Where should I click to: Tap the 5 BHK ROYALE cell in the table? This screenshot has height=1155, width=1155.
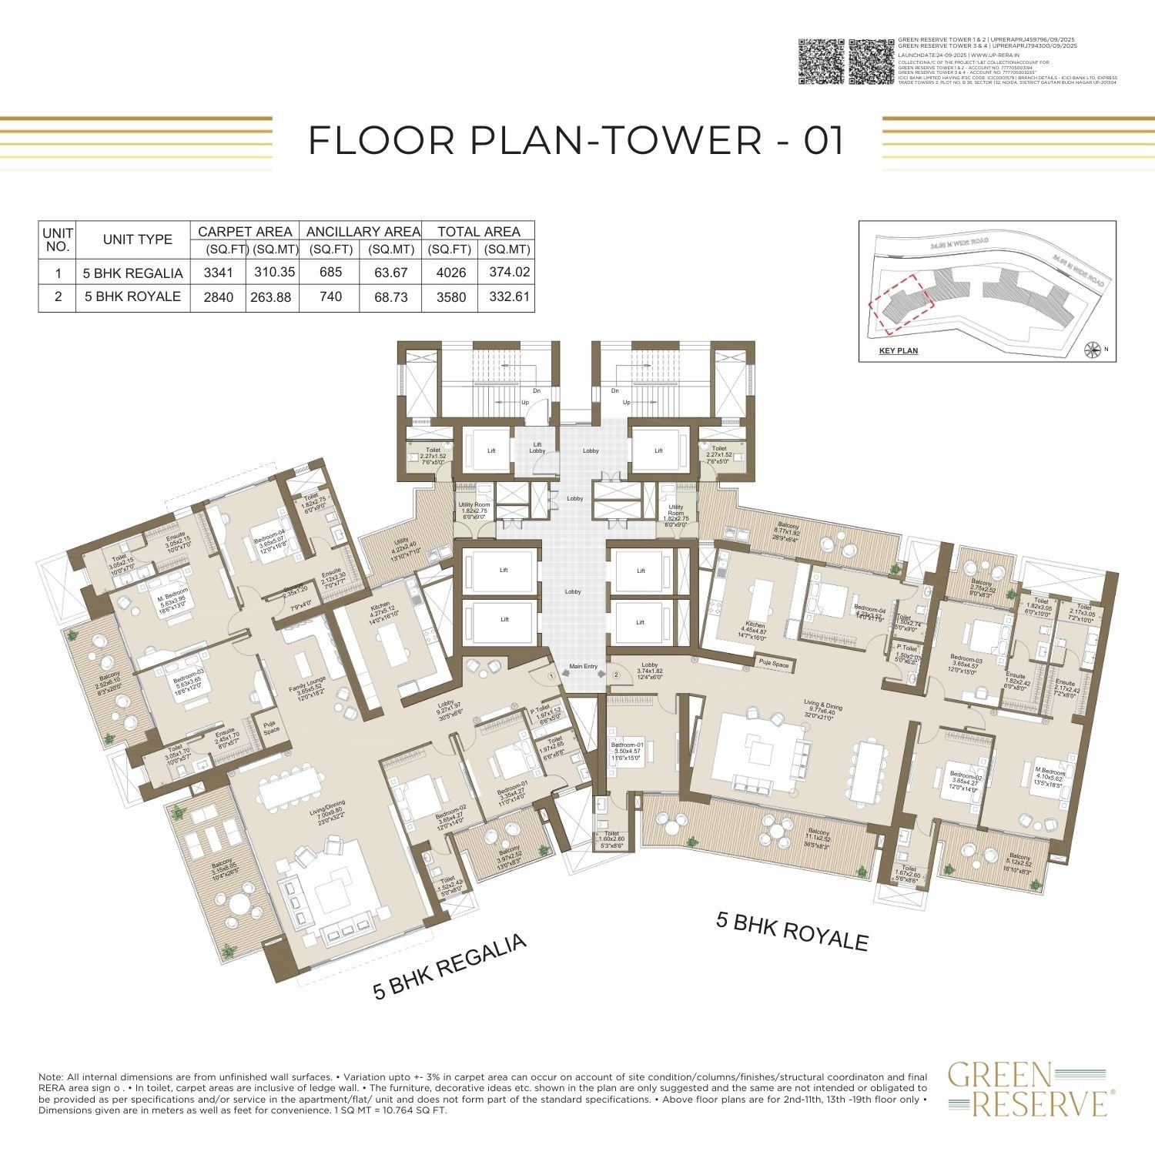(132, 296)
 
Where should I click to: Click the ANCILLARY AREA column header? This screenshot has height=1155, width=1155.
(363, 231)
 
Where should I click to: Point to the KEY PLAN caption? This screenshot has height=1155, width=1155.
(898, 351)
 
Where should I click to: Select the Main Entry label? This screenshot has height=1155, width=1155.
(583, 666)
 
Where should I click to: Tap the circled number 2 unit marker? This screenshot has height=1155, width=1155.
(616, 675)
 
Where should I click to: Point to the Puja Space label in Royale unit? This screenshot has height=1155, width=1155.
(774, 663)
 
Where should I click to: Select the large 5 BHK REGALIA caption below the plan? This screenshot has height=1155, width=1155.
(450, 967)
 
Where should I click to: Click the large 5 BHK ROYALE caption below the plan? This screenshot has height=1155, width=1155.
(792, 932)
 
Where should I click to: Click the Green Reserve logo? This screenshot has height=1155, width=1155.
(1028, 1089)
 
